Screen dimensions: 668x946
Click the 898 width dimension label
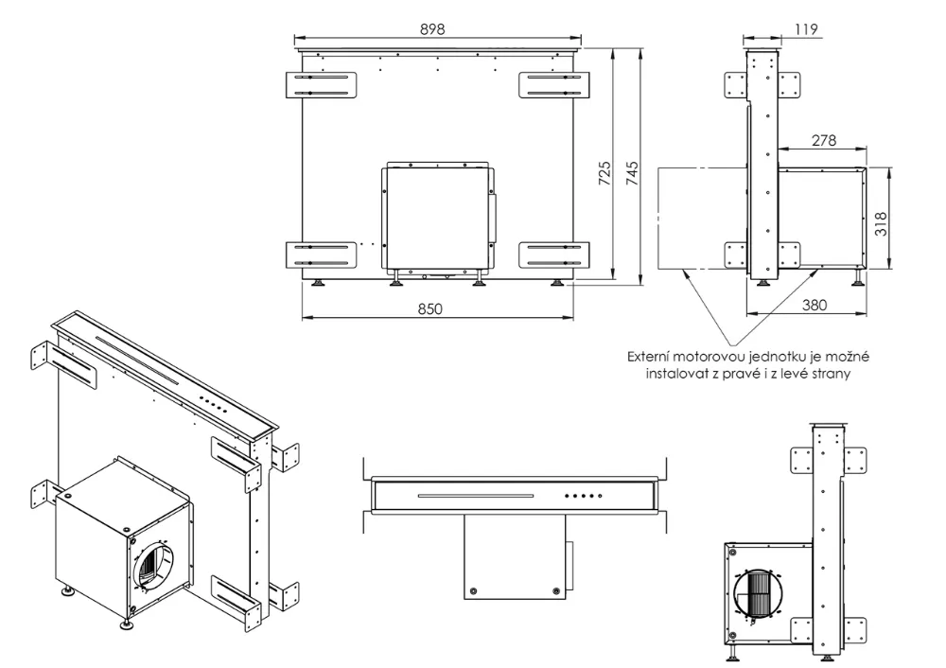coord(433,29)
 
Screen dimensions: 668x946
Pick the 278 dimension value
coord(824,140)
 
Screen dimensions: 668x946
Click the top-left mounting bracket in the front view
coord(324,84)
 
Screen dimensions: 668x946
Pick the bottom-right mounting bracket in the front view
coord(554,255)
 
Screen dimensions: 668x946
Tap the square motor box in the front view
coord(436,216)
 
